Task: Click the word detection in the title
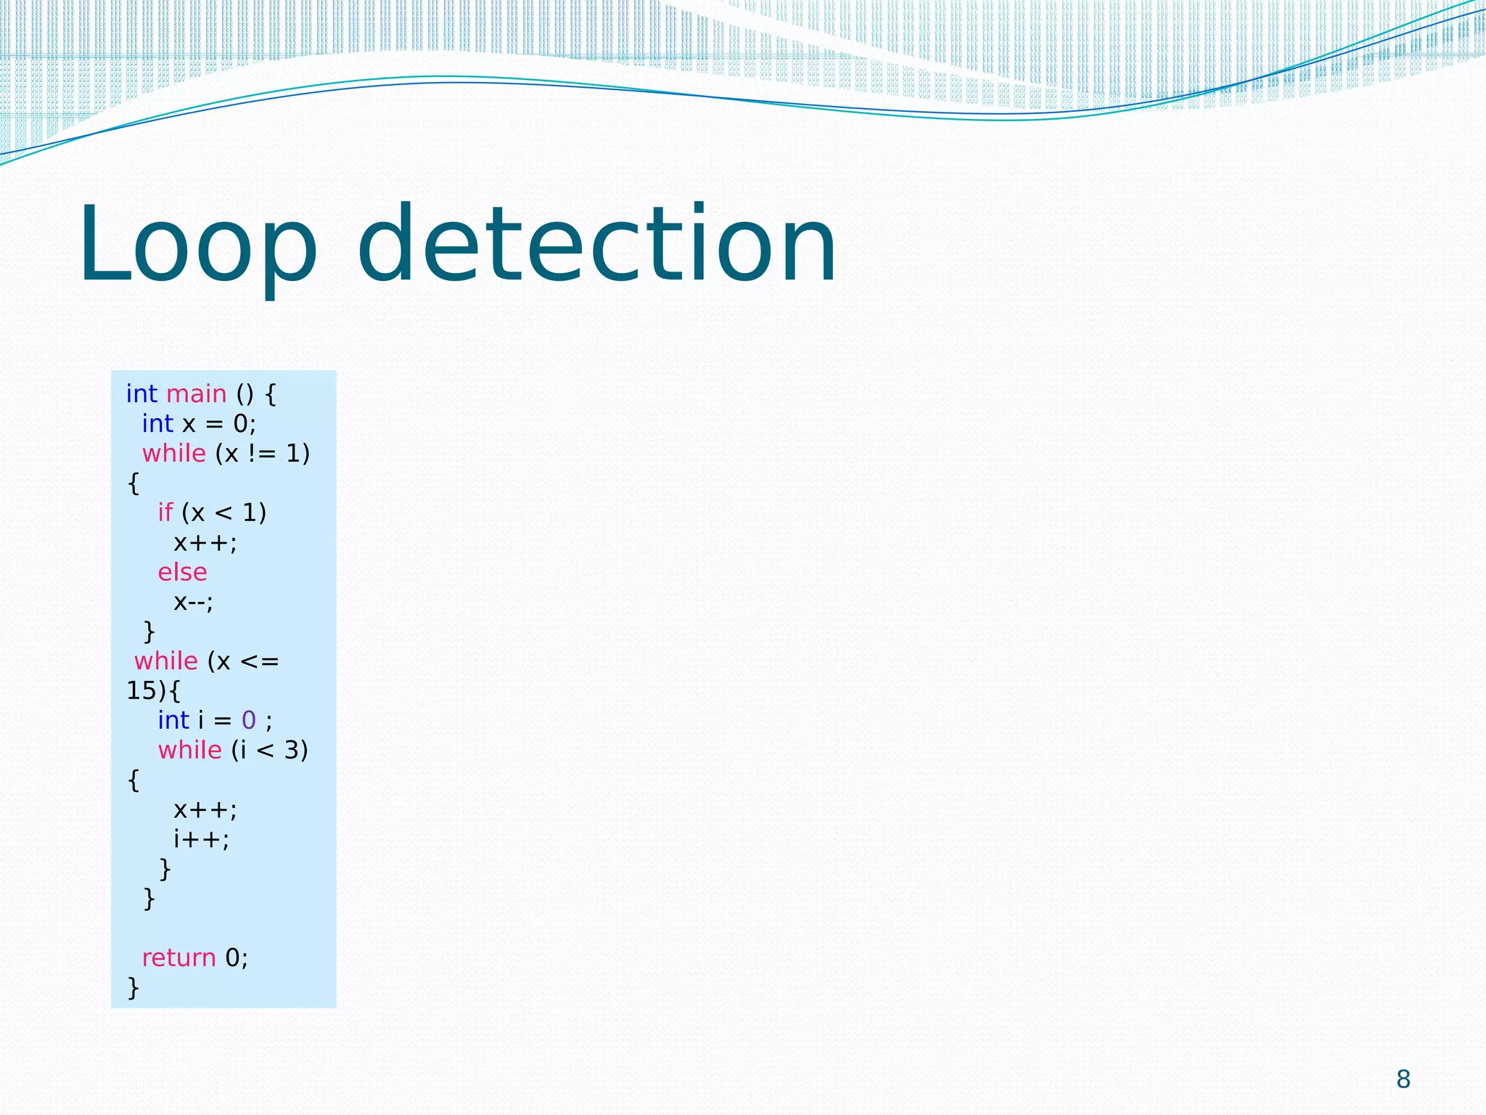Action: tap(597, 245)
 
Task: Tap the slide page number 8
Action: tap(1403, 1079)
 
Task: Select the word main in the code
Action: tap(197, 394)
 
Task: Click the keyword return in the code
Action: tap(178, 958)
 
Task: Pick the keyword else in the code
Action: tap(182, 573)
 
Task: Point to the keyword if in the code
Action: tap(165, 513)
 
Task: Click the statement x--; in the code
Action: tap(193, 603)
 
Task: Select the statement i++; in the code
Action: tap(201, 840)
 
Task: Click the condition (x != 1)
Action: tap(263, 454)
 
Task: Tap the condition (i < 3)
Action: tap(270, 751)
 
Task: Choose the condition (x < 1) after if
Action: tap(224, 513)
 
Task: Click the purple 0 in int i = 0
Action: tap(249, 721)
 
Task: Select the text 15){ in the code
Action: tap(153, 691)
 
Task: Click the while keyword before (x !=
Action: tap(174, 454)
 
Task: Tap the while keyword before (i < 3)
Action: tap(190, 751)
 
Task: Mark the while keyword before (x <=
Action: tap(166, 661)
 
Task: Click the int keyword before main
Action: tap(141, 394)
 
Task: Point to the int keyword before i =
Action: tap(173, 721)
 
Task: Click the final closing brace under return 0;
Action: tap(134, 988)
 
